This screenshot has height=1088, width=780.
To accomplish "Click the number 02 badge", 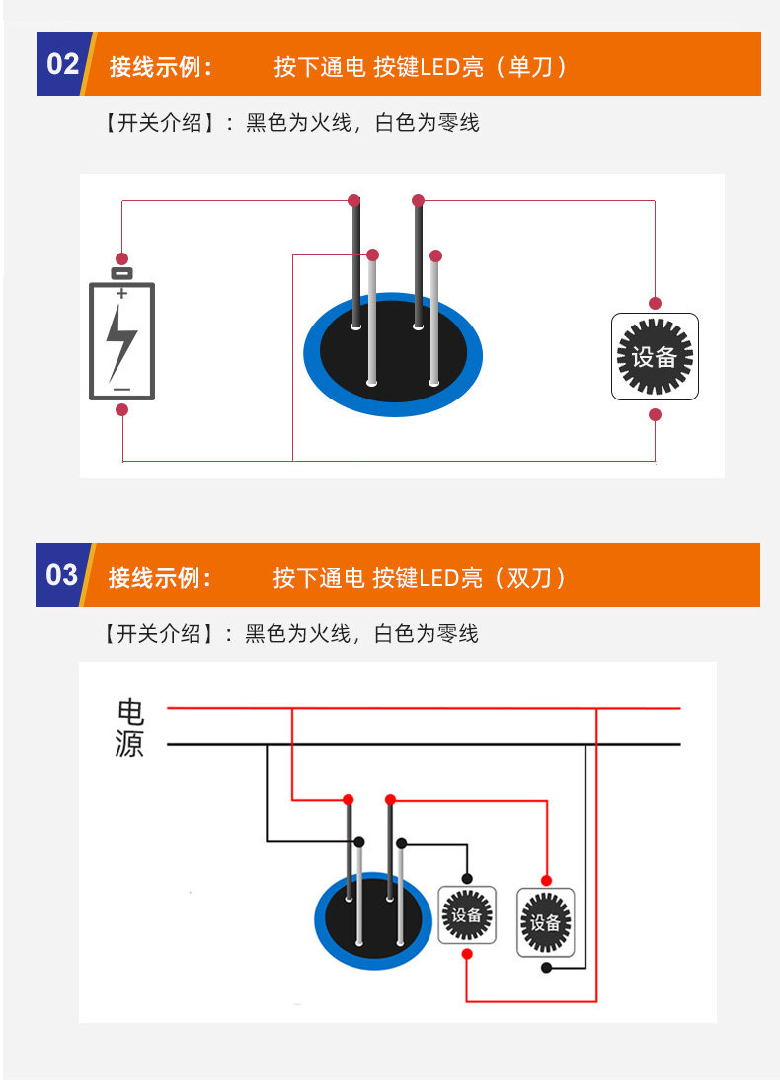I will point(62,64).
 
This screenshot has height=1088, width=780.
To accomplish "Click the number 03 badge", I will point(61,574).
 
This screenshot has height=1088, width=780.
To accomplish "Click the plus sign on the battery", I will point(121,294).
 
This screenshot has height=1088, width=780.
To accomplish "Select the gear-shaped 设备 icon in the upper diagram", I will point(655,356).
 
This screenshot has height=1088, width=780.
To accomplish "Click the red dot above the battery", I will point(121,257).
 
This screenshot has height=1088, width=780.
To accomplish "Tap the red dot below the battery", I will point(121,409).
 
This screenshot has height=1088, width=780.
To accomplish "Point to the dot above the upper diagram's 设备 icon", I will point(655,303).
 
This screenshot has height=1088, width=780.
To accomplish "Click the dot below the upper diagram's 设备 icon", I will point(655,415).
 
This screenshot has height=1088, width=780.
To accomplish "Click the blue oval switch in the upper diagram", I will point(393,353).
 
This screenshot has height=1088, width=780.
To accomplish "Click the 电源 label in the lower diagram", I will point(129,728).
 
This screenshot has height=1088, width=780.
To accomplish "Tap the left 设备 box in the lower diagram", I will point(467,914).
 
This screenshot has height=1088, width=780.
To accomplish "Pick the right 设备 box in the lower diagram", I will point(545,922).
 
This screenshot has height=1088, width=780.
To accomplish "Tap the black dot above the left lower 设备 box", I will point(467,878).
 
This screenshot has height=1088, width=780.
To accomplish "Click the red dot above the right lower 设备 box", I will point(545,879).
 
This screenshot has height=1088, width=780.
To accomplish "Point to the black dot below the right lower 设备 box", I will point(546,968).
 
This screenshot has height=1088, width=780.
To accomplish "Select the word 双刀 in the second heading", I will point(531,577).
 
